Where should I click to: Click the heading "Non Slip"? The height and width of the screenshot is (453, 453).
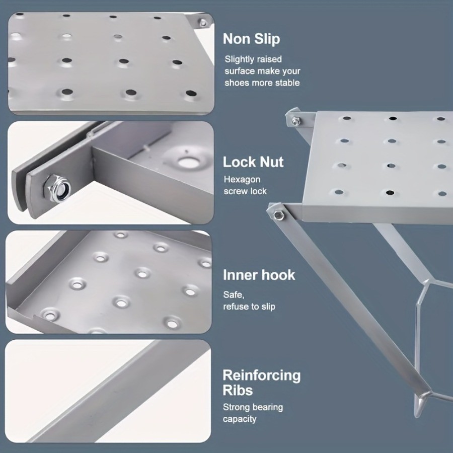(252, 39)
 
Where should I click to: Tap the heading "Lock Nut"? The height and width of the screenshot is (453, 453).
(253, 162)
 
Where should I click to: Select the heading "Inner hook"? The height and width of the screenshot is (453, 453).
(259, 275)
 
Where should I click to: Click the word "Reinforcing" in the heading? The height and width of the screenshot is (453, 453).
(262, 375)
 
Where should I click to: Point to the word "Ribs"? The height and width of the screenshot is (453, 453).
(238, 391)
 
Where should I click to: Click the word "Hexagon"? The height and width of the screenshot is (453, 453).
(243, 179)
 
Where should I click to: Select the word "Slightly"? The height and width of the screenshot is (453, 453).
(240, 59)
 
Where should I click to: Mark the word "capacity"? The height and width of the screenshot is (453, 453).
(240, 419)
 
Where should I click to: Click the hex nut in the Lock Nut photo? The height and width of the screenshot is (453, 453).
(59, 188)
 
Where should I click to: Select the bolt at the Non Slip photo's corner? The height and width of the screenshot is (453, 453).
(202, 23)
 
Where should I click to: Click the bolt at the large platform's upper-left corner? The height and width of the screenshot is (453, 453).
(295, 121)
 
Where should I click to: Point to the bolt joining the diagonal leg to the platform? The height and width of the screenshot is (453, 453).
(277, 215)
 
